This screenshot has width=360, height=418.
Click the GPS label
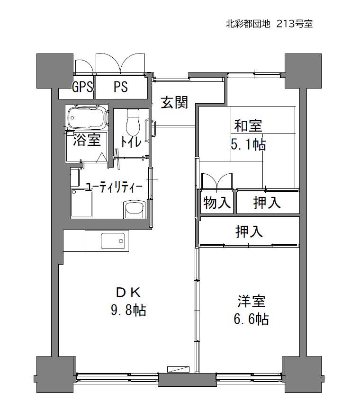point(82,87)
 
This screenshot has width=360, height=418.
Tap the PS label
point(121,87)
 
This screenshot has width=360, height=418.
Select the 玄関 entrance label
point(174,102)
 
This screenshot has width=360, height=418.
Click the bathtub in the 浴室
point(88,117)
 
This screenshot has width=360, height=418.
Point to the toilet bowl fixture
point(133,122)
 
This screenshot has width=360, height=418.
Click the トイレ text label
point(131,141)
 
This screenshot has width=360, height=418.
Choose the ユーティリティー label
point(114,187)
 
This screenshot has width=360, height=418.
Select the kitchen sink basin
point(113,241)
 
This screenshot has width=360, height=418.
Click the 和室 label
point(248,125)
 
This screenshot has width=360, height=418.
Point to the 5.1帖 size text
point(248,145)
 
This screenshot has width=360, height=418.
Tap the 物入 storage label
point(217,203)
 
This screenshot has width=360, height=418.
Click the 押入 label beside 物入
point(267,203)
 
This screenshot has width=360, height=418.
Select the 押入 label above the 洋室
point(249,231)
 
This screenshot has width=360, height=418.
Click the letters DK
point(128,293)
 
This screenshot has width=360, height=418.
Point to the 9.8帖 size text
point(128,310)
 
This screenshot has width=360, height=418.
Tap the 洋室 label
point(252,301)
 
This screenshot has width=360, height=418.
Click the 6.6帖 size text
point(252,319)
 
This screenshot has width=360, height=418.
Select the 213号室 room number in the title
point(295,24)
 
